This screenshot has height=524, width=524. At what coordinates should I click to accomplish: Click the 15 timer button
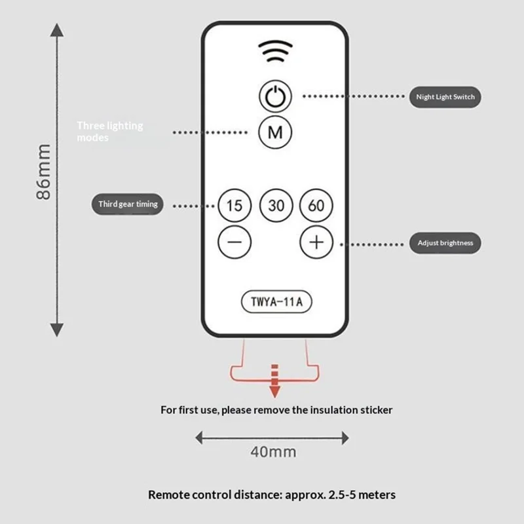point(234,206)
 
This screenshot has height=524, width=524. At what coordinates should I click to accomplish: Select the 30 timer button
point(276,206)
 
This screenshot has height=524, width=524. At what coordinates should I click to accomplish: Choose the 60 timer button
point(316,206)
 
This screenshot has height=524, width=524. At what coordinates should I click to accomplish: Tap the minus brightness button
point(234,242)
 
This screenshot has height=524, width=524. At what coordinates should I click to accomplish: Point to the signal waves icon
point(275,50)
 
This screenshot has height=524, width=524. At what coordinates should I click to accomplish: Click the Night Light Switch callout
point(446,98)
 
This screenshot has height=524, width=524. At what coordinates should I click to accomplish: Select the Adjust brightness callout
point(445,243)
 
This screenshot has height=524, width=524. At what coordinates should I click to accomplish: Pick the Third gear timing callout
point(128,204)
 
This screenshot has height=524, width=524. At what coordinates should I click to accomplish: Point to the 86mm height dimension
point(43,172)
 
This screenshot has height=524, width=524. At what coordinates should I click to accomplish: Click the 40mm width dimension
point(274,451)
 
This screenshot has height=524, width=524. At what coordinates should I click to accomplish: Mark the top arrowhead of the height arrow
point(58,29)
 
